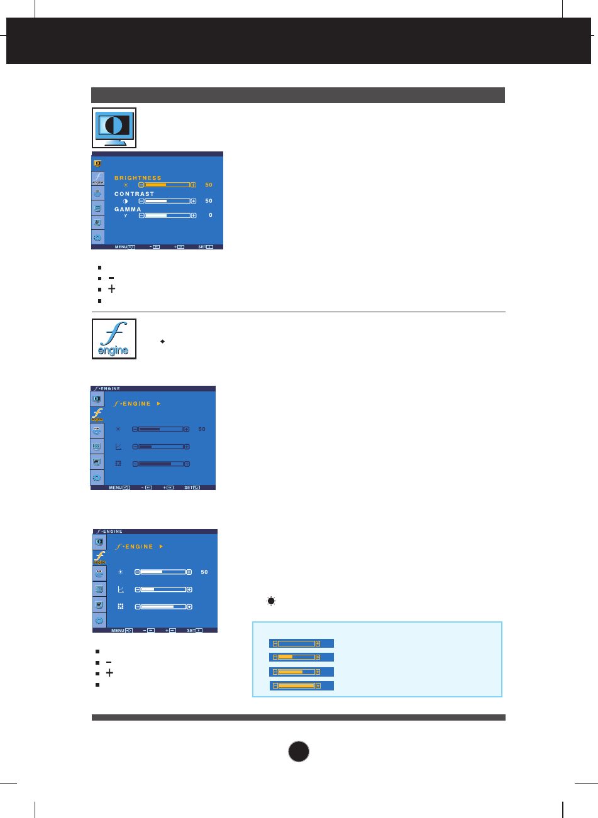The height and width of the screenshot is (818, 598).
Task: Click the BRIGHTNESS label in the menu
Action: [x=138, y=178]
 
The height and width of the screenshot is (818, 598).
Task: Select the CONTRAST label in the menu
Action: [x=134, y=194]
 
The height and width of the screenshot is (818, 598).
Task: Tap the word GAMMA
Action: [x=128, y=209]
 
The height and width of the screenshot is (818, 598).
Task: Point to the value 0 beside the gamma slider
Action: [x=210, y=215]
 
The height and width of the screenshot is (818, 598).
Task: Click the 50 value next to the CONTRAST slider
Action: [x=209, y=201]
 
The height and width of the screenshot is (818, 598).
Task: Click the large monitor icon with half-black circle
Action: [x=114, y=128]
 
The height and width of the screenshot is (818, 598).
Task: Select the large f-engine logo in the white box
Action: [x=114, y=339]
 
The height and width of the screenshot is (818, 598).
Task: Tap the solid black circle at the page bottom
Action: [x=299, y=751]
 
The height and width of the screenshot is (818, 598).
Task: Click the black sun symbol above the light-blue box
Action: [x=271, y=601]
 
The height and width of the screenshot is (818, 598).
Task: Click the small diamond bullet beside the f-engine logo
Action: [x=162, y=341]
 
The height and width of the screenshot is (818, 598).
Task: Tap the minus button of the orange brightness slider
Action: [x=141, y=185]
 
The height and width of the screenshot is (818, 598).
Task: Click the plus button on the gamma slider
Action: [x=193, y=215]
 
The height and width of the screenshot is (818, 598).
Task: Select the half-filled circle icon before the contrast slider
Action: [x=125, y=201]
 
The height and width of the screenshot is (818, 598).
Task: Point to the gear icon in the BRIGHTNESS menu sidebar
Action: [x=97, y=237]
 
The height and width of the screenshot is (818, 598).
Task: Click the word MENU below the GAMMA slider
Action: [x=121, y=247]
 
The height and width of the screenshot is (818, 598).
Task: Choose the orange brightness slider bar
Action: [x=167, y=185]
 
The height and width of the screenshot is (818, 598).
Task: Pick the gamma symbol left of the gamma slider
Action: [x=125, y=215]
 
